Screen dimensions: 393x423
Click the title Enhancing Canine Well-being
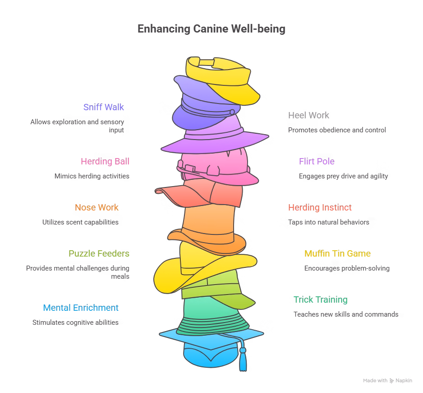tap(211, 29)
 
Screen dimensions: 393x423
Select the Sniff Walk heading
tap(103, 107)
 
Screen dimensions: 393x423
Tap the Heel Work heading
tap(308, 115)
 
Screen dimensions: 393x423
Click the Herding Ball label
tap(105, 161)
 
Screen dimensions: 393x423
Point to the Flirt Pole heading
tap(317, 161)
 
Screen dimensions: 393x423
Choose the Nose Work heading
tap(97, 207)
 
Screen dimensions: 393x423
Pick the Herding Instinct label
tap(320, 207)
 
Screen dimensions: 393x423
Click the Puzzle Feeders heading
tap(99, 253)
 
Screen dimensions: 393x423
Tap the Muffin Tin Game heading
tap(337, 253)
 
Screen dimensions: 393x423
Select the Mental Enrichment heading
tap(81, 308)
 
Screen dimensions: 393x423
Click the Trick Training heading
tap(320, 299)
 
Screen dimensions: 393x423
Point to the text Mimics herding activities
tap(92, 176)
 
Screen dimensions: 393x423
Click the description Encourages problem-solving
tap(346, 268)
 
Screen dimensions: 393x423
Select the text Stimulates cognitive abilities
tap(75, 323)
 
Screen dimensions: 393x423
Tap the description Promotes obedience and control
tap(337, 130)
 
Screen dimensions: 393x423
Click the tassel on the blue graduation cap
tap(243, 361)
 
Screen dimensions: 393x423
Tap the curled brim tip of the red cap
tap(159, 191)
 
